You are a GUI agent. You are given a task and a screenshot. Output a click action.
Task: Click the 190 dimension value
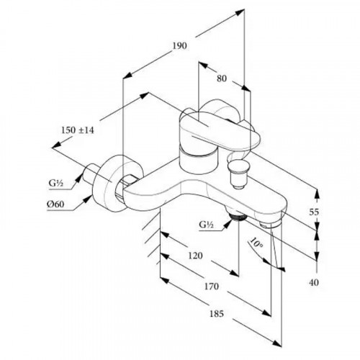(x=179, y=45)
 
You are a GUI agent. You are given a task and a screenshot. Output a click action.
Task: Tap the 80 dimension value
(x=222, y=78)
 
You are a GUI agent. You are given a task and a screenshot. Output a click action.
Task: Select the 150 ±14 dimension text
(x=78, y=130)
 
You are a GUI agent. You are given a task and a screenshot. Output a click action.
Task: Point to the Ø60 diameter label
(x=55, y=204)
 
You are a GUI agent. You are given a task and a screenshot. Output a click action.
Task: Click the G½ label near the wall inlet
(x=55, y=183)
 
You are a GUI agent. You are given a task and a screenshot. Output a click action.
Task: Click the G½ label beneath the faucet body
(x=206, y=225)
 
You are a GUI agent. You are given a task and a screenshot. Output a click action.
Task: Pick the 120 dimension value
(x=195, y=256)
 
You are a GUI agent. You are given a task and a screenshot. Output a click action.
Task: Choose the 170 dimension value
(x=212, y=287)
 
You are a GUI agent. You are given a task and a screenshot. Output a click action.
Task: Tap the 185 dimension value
(x=217, y=314)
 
